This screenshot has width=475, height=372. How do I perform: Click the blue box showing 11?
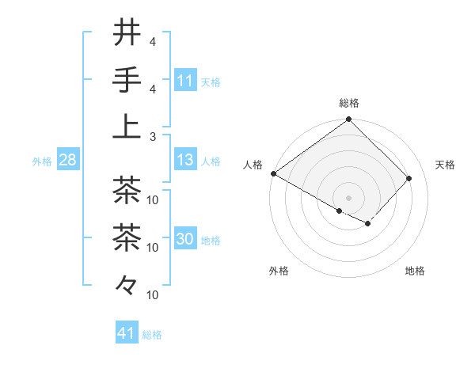185,81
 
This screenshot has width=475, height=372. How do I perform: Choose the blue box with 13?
185,161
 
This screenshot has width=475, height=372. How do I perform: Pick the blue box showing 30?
185,240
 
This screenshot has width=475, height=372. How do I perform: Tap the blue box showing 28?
67,161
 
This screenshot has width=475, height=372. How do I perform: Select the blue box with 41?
127,333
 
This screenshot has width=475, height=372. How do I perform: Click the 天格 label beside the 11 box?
211,82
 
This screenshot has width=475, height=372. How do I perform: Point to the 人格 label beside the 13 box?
211,161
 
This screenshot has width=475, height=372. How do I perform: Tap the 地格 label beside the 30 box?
211,241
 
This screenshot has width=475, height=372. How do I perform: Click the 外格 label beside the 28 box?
42,161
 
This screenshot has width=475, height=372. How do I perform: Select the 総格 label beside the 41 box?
152,334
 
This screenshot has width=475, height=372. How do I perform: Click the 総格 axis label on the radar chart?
349,103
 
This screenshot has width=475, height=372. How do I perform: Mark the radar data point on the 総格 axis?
349,120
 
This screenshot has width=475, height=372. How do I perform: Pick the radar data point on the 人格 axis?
274,173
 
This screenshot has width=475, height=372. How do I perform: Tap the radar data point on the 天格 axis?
408,179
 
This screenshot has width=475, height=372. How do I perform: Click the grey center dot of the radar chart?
349,197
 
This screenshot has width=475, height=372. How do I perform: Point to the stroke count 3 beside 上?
152,136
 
